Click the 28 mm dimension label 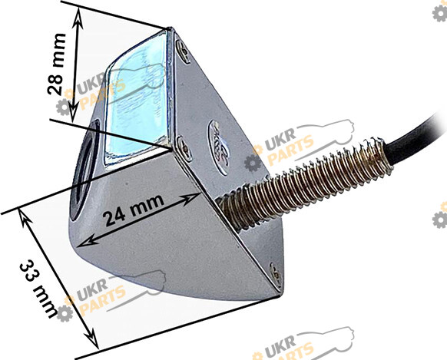pos(56,64)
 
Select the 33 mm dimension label pos(38,289)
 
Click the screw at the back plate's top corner pos(183,51)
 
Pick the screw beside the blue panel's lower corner pos(184,149)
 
